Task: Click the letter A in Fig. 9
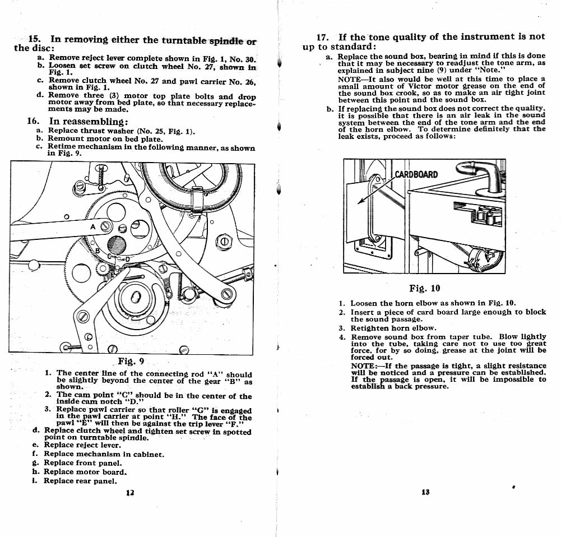coord(93,226)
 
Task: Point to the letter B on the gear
coord(98,251)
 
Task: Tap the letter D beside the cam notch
coord(127,259)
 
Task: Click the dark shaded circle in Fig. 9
coord(116,246)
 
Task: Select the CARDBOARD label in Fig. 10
coord(416,174)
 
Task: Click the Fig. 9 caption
coord(131,361)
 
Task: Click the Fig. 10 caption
coord(425,288)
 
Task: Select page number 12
coord(130,493)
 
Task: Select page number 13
coord(425,492)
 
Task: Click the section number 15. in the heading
coord(34,39)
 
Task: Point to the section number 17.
coord(323,37)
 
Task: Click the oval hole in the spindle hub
coord(136,297)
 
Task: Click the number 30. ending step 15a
coord(251,60)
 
